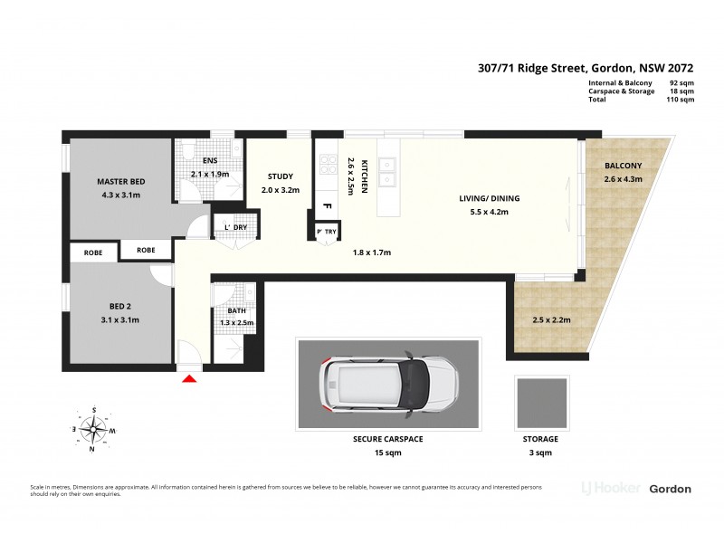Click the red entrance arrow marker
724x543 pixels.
coord(189,378)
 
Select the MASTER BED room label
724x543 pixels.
coord(120,183)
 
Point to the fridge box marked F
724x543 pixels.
coord(327,207)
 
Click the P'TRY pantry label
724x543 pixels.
coord(327,233)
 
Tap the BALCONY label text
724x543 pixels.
coord(623,166)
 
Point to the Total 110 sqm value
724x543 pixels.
coord(681,100)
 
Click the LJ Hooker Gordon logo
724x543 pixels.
coord(635,489)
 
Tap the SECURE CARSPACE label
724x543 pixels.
coord(387,439)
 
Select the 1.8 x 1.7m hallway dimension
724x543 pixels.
coord(371,252)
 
